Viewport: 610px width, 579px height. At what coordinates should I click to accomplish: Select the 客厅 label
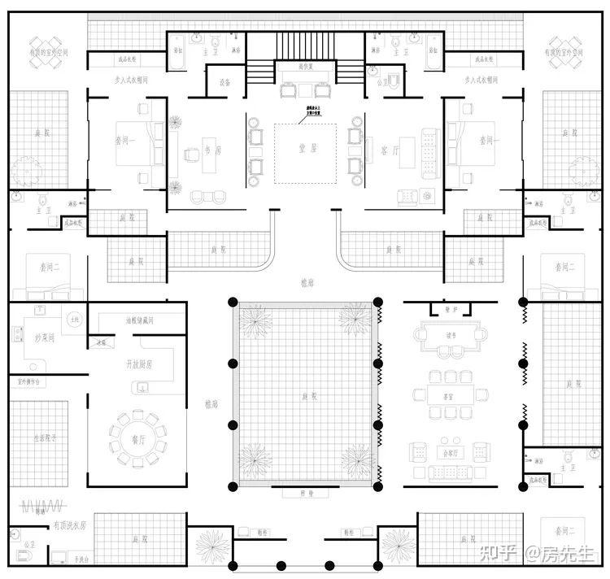[x=389, y=150]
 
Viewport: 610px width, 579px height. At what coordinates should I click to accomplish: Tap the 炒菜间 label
[x=27, y=337]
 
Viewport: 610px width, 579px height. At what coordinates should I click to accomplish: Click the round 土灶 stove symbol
[x=74, y=319]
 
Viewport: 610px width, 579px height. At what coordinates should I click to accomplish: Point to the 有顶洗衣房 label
[x=68, y=526]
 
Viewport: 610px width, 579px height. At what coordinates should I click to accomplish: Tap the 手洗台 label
[x=81, y=559]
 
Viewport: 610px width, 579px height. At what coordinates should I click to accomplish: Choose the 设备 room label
[x=224, y=82]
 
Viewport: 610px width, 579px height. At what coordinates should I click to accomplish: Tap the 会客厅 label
[x=450, y=452]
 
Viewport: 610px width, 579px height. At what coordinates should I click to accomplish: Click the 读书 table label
[x=450, y=333]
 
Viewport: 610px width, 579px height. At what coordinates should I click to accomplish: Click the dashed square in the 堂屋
[x=306, y=153]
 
